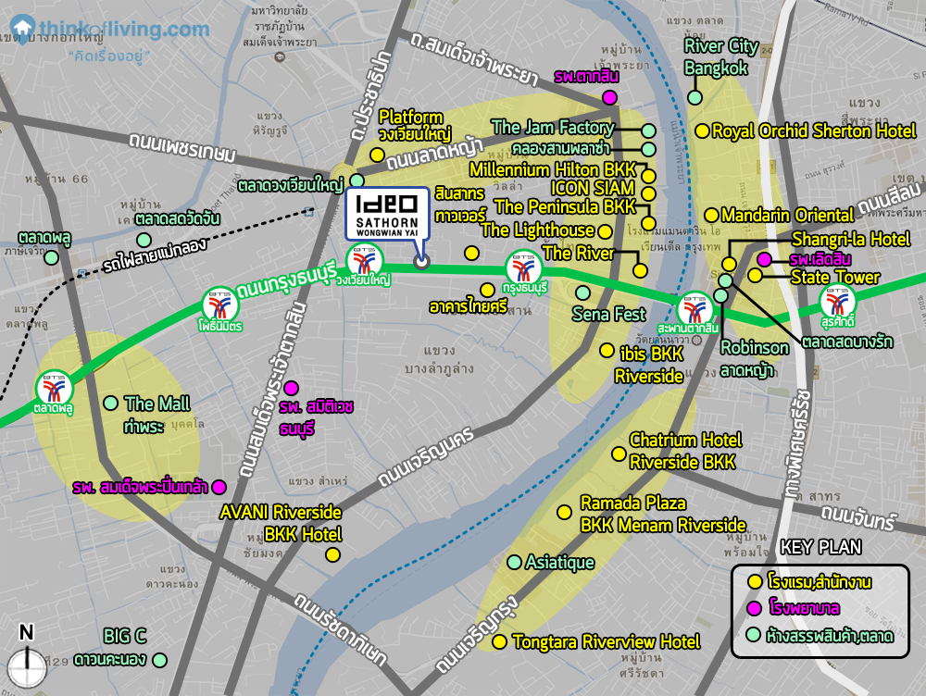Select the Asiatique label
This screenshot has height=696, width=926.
coord(559,563)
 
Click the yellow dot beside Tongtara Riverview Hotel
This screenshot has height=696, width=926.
coord(499,641)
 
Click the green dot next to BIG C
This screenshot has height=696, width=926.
coord(160,660)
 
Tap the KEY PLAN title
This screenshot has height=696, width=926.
coord(820,548)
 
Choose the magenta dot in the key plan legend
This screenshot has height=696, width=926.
coord(755,608)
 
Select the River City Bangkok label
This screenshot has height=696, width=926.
coord(721,56)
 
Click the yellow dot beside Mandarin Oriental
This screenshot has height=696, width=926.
coord(710,215)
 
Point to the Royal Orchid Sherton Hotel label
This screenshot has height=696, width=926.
coord(813,131)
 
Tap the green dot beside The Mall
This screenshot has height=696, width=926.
coord(111,403)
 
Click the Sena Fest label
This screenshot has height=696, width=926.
coord(608,314)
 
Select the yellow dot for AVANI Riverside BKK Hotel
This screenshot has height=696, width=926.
coord(332,554)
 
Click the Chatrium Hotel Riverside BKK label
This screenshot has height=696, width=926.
coord(685,450)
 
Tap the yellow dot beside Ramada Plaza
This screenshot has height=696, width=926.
coord(563,512)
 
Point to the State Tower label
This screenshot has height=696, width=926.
coord(834,278)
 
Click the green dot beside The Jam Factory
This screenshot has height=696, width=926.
coord(648,130)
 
